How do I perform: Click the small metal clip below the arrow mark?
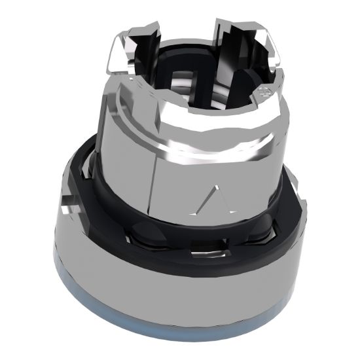coord(200,251)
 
